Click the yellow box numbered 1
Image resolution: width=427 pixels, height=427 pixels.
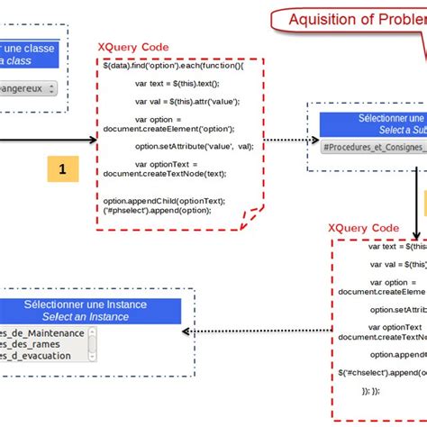coord(62,168)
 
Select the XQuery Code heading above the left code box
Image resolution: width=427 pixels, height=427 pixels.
coord(134,47)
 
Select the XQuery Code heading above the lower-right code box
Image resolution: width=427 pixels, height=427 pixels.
coord(364,229)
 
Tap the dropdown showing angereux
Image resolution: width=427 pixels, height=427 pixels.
coord(27,88)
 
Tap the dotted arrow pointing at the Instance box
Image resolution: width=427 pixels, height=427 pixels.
coord(187,332)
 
